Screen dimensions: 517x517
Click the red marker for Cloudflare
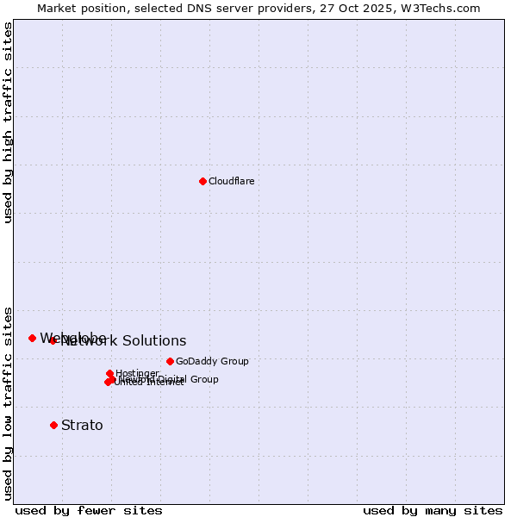tap(202, 181)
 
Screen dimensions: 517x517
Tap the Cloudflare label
tap(231, 181)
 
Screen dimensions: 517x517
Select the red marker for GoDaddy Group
tap(170, 361)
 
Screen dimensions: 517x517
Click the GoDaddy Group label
tap(212, 361)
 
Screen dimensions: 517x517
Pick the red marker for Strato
tap(53, 425)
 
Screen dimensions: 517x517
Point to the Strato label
tap(82, 425)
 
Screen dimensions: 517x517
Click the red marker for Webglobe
tap(32, 338)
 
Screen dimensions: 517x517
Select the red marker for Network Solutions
tap(53, 340)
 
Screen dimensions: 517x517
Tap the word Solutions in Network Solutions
tap(154, 341)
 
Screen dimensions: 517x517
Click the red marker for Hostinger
tap(109, 373)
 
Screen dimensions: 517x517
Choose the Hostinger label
tap(137, 373)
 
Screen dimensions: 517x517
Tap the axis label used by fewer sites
tap(89, 510)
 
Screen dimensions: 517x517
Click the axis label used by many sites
tap(433, 510)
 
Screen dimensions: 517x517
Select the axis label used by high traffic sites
tap(8, 122)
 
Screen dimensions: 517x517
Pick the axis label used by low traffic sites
tap(8, 402)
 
